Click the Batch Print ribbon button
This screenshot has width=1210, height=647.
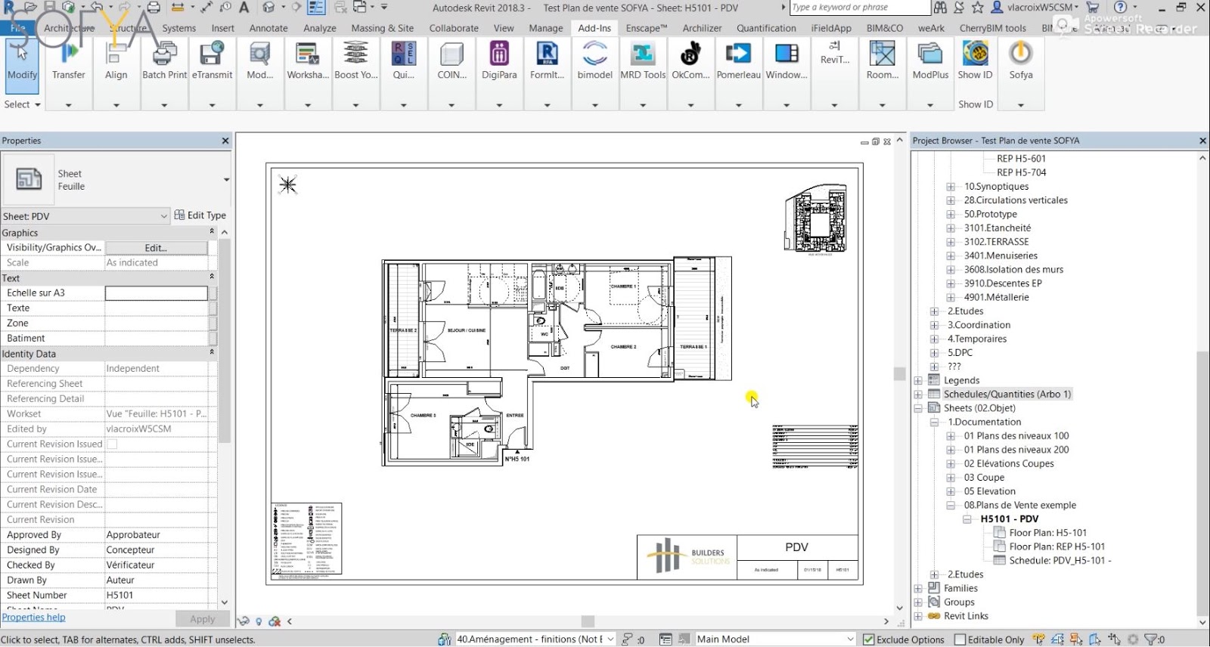[x=164, y=60]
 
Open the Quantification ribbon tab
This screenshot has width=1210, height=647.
[x=766, y=28]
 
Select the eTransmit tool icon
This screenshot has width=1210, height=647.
[x=212, y=54]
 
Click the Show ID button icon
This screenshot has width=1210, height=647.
[x=975, y=54]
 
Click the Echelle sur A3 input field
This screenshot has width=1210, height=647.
[x=156, y=293]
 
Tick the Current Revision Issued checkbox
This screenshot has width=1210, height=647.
[x=112, y=444]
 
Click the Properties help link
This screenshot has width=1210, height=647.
[x=34, y=618]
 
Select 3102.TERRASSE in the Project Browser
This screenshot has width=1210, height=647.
[x=996, y=242]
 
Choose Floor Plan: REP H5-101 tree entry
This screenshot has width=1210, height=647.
[x=1056, y=546]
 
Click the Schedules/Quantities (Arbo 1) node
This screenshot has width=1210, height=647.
[x=1007, y=395]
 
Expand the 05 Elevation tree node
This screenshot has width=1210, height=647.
[x=951, y=491]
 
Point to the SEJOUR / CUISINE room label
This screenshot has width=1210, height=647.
[x=467, y=330]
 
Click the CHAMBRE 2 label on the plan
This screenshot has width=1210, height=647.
[x=623, y=347]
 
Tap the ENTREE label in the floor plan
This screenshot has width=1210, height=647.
[x=515, y=415]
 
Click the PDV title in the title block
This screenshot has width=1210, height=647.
[x=796, y=547]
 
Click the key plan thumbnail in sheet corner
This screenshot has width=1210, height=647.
[x=816, y=218]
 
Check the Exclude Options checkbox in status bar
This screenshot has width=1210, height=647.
[x=869, y=639]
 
